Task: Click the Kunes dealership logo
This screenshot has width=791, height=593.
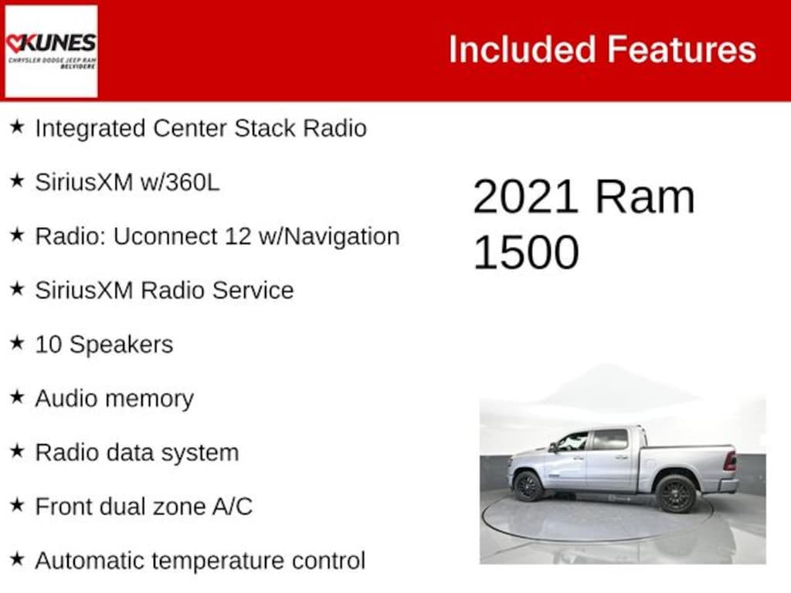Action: click(51, 51)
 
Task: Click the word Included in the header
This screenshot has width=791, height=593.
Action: click(522, 49)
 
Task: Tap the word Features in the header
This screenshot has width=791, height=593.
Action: click(682, 49)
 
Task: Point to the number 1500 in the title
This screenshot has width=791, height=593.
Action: click(525, 252)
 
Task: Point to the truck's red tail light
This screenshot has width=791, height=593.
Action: click(729, 461)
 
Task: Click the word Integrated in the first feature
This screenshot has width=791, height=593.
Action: click(90, 128)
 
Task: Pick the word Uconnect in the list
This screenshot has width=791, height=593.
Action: click(165, 236)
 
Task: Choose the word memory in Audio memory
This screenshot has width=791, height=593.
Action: click(151, 398)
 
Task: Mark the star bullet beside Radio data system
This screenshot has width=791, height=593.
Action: click(17, 452)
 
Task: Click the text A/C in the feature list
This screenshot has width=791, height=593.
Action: click(233, 507)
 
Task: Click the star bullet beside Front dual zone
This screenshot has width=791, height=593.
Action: click(17, 506)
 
